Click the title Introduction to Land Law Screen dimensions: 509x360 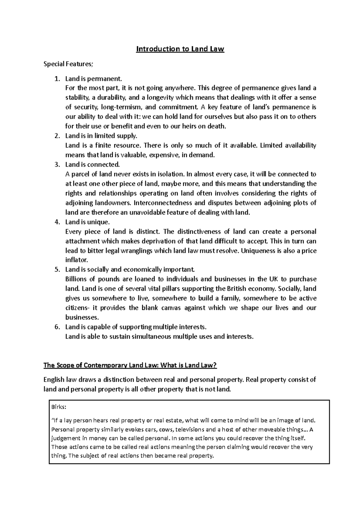[x=180, y=49]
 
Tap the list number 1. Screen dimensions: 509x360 [x=57, y=79]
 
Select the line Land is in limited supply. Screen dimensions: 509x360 [x=101, y=136]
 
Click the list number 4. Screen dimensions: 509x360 [x=57, y=222]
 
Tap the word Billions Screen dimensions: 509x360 [x=76, y=279]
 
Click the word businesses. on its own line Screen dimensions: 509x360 [x=82, y=317]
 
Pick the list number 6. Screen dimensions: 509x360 [x=57, y=327]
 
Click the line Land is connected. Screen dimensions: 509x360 [x=92, y=165]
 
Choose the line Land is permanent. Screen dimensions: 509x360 [x=94, y=79]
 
